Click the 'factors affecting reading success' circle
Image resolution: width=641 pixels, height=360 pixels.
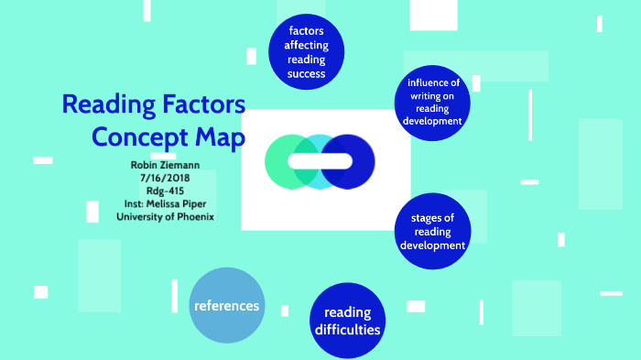[x=307, y=52]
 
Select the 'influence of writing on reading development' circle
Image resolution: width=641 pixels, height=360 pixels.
[x=433, y=102]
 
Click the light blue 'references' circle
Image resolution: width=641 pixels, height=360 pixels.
[x=226, y=305]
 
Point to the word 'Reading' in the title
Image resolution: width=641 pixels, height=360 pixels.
[x=108, y=104]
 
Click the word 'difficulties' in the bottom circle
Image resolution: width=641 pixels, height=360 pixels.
[x=347, y=330]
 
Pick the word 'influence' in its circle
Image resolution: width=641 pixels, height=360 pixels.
[x=433, y=82]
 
